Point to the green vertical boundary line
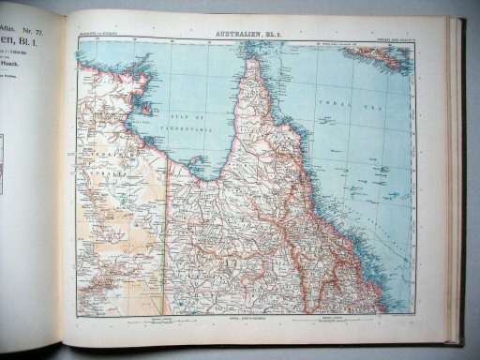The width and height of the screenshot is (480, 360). (167, 234)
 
